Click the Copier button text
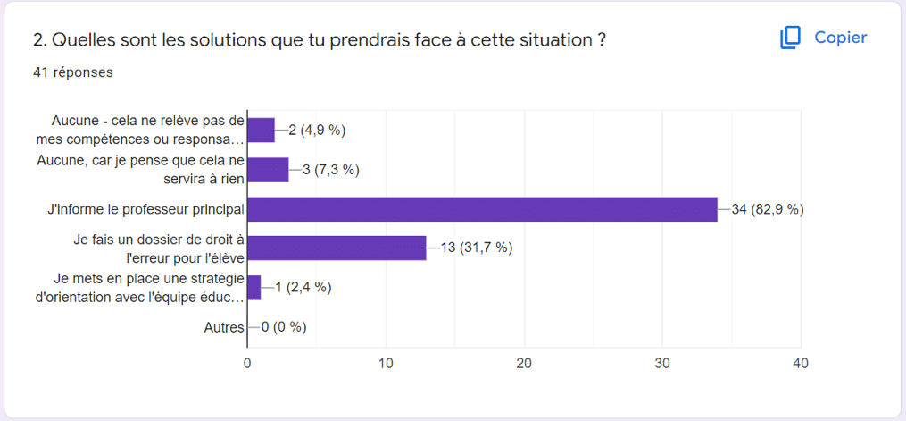pyautogui.click(x=840, y=38)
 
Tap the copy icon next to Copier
pyautogui.click(x=790, y=38)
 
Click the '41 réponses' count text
pyautogui.click(x=73, y=72)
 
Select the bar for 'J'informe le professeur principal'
pyautogui.click(x=482, y=209)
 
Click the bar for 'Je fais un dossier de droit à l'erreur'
pyautogui.click(x=337, y=248)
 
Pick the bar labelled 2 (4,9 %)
pyautogui.click(x=261, y=131)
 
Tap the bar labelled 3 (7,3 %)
pyautogui.click(x=268, y=170)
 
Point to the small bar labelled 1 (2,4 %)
pyautogui.click(x=254, y=287)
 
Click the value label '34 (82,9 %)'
pyautogui.click(x=768, y=209)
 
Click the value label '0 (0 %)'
pyautogui.click(x=284, y=327)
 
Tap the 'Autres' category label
pyautogui.click(x=224, y=327)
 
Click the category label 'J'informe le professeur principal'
pyautogui.click(x=145, y=209)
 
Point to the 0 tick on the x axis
pyautogui.click(x=247, y=364)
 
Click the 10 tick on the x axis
pyautogui.click(x=386, y=364)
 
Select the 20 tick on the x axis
pyautogui.click(x=524, y=364)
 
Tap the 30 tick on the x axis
pyautogui.click(x=662, y=364)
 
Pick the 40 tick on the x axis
pyautogui.click(x=801, y=364)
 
